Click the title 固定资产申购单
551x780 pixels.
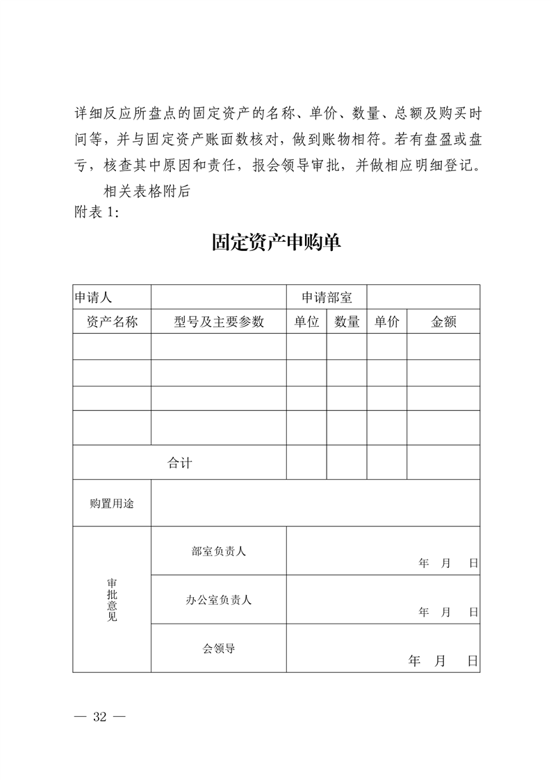(x=277, y=243)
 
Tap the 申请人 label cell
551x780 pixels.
(x=93, y=298)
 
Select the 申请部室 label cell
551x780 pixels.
(x=327, y=298)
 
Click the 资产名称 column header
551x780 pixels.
(x=112, y=322)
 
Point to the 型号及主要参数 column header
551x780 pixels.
(x=219, y=322)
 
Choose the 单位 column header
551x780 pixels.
(x=306, y=322)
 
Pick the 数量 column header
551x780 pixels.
(x=347, y=322)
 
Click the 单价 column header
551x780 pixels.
(x=387, y=322)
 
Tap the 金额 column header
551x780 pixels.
(x=443, y=322)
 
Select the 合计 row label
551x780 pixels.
(x=179, y=463)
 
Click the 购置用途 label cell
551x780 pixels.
(x=112, y=503)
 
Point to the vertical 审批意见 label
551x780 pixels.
(x=112, y=599)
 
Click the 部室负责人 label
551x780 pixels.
(x=219, y=551)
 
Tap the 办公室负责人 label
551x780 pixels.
(x=219, y=599)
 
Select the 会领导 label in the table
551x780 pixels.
(x=219, y=648)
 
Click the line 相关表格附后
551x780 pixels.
(x=146, y=193)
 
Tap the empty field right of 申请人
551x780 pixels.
(x=219, y=297)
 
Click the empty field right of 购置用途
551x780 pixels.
(x=315, y=503)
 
